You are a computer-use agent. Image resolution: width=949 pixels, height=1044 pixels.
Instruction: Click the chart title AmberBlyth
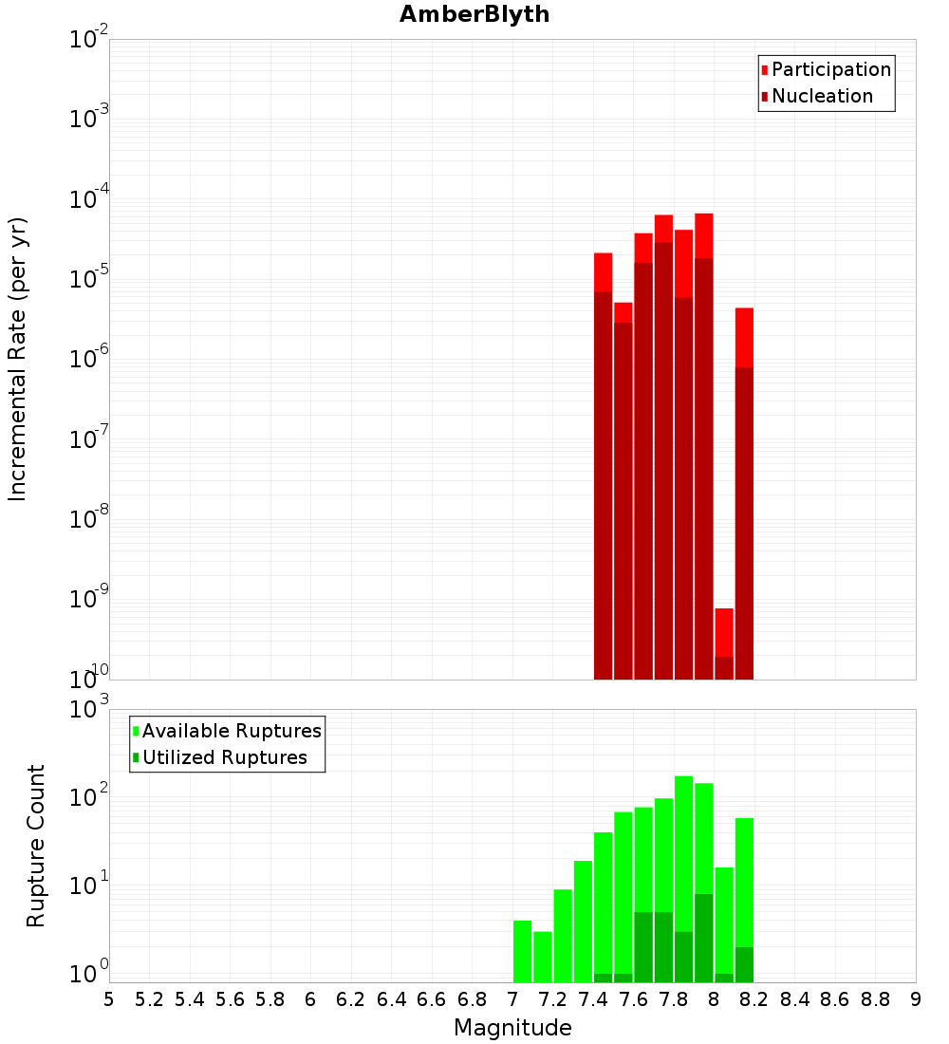click(x=474, y=14)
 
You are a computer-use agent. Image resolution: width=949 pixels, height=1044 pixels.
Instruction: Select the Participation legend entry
click(x=830, y=69)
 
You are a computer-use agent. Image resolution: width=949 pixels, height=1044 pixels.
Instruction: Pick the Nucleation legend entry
click(x=821, y=96)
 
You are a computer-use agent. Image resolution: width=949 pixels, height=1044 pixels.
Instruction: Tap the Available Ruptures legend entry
click(x=231, y=731)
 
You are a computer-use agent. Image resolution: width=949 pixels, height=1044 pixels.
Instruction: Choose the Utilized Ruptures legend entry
click(x=224, y=757)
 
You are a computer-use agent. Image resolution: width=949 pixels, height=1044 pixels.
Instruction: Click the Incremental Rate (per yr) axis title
click(x=18, y=360)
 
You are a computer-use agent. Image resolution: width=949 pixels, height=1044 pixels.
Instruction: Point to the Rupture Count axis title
click(x=36, y=846)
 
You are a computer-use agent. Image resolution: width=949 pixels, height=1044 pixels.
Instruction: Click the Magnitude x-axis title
click(x=512, y=1028)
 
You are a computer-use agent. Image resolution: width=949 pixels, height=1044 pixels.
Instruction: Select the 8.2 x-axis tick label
click(x=754, y=999)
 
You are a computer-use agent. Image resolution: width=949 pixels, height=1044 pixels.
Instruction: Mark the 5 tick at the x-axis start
click(x=109, y=999)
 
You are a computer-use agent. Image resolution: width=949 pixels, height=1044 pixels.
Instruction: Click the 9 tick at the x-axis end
click(x=916, y=999)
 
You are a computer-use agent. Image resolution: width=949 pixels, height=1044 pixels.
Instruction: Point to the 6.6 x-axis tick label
click(x=432, y=999)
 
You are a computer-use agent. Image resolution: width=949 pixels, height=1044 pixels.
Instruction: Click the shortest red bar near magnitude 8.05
click(x=724, y=632)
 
